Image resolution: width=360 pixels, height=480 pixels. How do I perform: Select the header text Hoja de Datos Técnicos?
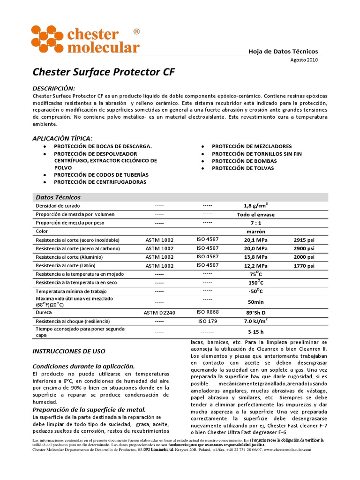click(x=283, y=52)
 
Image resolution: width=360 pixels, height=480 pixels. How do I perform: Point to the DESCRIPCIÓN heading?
click(x=53, y=89)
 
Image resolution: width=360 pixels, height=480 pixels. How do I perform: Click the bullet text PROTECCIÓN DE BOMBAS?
click(x=244, y=161)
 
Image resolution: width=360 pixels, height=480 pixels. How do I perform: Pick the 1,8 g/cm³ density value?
click(x=255, y=206)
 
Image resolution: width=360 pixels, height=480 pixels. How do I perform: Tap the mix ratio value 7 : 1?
click(x=255, y=223)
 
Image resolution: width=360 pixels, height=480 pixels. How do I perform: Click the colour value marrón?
click(x=255, y=232)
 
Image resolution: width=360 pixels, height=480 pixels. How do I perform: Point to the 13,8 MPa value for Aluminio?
click(x=255, y=257)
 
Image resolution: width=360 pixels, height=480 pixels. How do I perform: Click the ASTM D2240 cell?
click(x=159, y=312)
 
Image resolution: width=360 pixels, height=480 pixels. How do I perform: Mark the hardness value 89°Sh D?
click(x=256, y=312)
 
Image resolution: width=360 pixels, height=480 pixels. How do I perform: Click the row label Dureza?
click(x=44, y=312)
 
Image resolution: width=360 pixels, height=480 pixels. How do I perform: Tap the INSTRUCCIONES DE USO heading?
click(x=68, y=351)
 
